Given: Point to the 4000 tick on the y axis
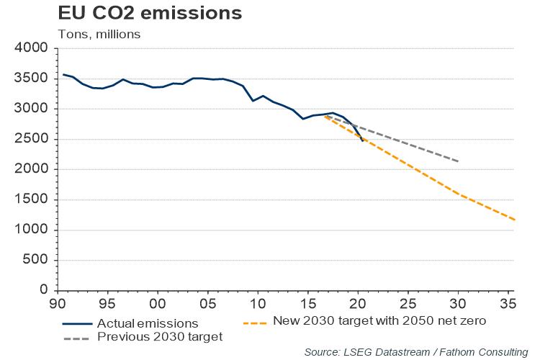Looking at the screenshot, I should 31,48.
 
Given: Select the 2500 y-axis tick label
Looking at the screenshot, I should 31,139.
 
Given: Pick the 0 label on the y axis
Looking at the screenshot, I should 43,290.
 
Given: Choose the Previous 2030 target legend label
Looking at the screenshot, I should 160,336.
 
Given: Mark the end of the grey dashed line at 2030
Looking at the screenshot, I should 458,161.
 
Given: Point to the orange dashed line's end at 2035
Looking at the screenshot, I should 513,220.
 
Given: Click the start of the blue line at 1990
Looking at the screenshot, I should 63,74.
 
